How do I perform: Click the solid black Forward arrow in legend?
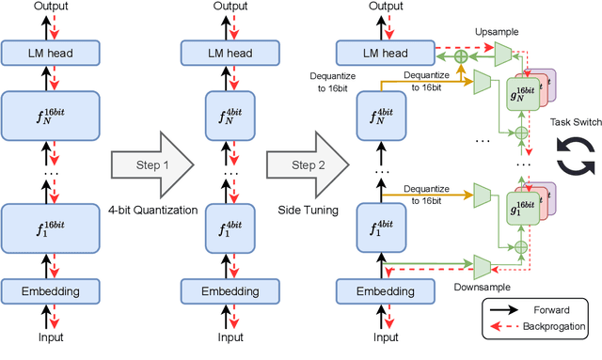(x=508, y=308)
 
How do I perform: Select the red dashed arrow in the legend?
(x=508, y=327)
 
